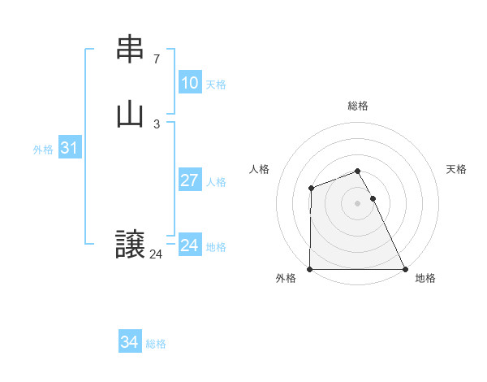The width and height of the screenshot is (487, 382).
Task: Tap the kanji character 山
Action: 130,114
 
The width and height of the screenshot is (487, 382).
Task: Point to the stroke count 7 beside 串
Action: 157,59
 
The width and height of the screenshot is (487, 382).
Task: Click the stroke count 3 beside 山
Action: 157,124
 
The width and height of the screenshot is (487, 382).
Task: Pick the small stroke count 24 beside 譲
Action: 156,254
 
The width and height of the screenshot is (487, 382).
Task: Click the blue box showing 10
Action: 189,83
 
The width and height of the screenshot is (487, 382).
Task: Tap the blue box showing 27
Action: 189,180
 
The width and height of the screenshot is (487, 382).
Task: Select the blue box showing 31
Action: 69,148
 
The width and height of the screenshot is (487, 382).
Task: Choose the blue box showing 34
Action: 129,342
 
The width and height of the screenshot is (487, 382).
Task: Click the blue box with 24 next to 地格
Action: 189,245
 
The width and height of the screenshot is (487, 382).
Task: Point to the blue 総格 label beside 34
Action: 156,344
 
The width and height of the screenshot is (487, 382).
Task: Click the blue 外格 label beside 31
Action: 43,150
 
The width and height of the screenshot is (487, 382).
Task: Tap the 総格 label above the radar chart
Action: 358,106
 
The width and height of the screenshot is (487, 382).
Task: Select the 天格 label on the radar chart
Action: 457,169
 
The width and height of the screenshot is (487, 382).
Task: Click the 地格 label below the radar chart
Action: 425,278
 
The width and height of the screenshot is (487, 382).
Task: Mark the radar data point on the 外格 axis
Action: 310,269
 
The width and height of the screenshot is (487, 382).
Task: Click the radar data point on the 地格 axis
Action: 405,269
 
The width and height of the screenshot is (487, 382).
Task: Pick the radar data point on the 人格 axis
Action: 311,189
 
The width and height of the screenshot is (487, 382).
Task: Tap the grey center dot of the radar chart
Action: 358,203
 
